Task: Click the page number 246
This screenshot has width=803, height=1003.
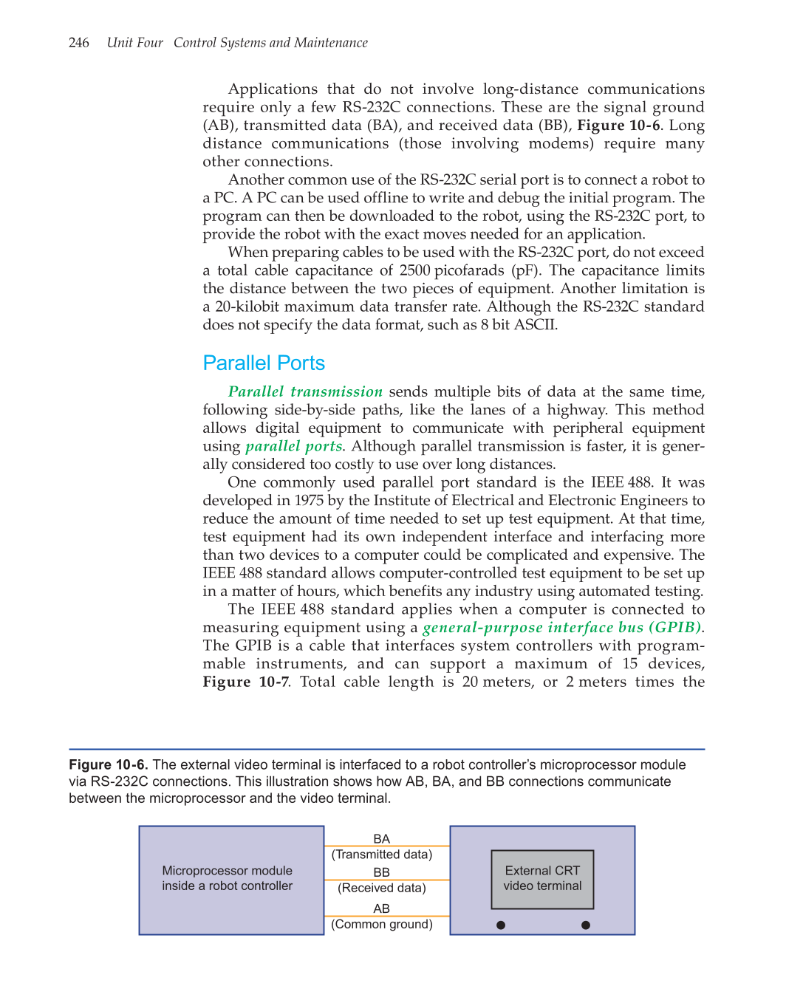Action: click(x=78, y=43)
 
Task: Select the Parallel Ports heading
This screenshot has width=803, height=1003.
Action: click(x=264, y=363)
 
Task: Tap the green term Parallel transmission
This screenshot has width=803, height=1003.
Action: click(x=305, y=391)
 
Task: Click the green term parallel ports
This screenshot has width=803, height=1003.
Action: click(x=293, y=446)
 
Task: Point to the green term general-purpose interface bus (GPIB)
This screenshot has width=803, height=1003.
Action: click(x=562, y=627)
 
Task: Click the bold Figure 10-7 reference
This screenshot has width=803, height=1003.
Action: click(x=245, y=682)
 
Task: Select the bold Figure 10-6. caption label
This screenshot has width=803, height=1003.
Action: click(x=109, y=764)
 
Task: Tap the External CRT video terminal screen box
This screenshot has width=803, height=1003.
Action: click(x=542, y=879)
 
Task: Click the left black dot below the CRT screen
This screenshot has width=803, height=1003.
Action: click(x=501, y=925)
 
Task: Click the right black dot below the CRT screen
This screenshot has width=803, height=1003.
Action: click(x=586, y=925)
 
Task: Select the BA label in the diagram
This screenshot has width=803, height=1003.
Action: click(x=381, y=839)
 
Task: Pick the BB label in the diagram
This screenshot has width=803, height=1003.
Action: click(x=381, y=872)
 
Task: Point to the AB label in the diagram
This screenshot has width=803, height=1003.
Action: click(x=381, y=908)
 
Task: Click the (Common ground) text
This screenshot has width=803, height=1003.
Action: click(x=381, y=924)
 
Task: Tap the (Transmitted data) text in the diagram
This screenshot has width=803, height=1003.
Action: click(x=381, y=855)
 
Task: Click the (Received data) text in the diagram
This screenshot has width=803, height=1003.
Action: click(x=381, y=888)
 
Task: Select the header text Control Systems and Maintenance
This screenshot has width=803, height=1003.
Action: click(x=270, y=43)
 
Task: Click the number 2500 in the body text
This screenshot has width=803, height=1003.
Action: click(x=414, y=270)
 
